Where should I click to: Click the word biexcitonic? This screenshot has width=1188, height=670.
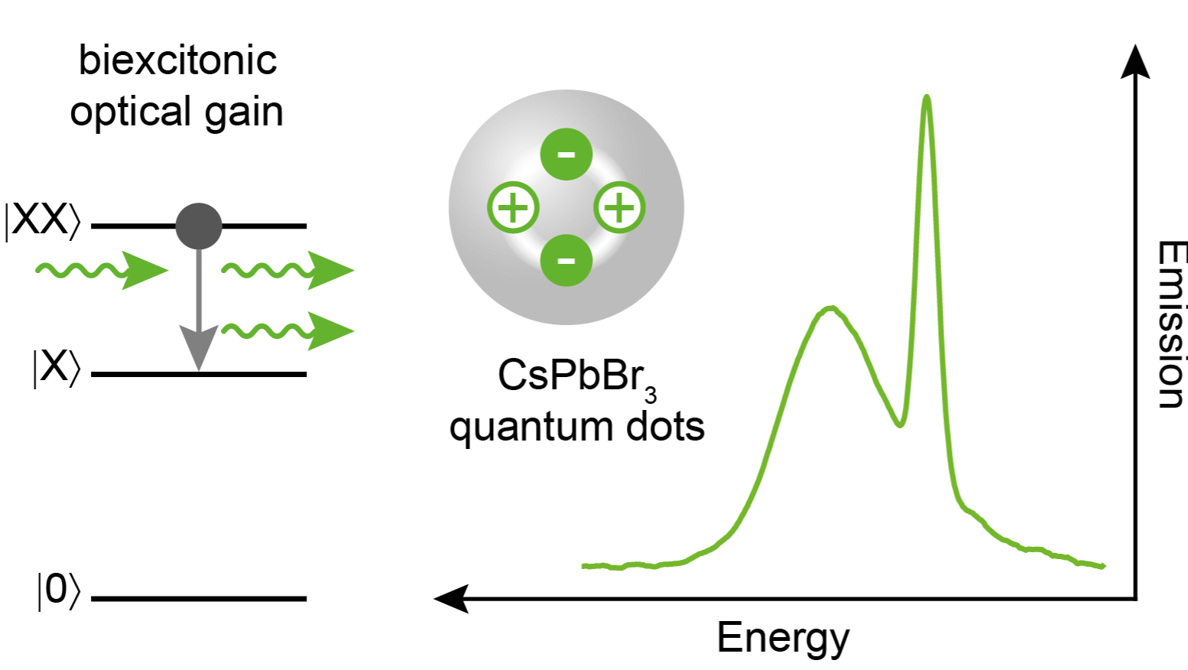[177, 60]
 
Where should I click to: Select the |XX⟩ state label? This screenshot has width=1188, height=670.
[43, 221]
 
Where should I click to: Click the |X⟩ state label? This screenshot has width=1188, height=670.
[57, 368]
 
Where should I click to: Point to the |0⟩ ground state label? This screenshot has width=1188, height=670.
[59, 591]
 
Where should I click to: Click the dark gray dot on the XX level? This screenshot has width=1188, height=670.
[198, 226]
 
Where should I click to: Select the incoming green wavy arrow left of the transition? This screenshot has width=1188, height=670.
[102, 271]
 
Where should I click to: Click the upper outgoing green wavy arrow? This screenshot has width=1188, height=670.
[287, 271]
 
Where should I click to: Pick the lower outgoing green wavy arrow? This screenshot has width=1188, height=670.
[287, 331]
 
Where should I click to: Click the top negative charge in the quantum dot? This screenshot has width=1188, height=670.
[566, 154]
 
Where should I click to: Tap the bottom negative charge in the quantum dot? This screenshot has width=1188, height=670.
[566, 261]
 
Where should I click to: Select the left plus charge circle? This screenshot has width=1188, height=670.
[513, 207]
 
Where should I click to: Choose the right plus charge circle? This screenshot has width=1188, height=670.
[619, 207]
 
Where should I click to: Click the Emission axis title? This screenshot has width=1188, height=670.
[1171, 324]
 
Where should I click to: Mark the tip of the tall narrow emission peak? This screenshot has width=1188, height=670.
[927, 96]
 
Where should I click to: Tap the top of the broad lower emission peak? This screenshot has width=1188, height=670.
[831, 308]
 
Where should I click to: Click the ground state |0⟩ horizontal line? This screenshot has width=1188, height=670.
[199, 599]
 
